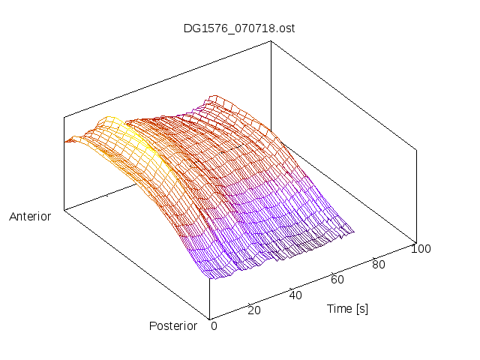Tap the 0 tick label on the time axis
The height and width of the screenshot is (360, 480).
point(214,325)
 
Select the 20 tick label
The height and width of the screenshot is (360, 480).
point(253,310)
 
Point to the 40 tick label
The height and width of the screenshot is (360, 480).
point(295,295)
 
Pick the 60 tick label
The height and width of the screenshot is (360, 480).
point(337,280)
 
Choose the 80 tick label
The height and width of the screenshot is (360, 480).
point(379,264)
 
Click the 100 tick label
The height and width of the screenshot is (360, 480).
point(421,249)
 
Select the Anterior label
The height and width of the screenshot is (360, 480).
point(30,217)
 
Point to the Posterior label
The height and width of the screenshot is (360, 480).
point(173,325)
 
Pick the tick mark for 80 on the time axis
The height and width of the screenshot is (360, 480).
point(374,256)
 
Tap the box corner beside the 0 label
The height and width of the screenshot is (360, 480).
point(209,318)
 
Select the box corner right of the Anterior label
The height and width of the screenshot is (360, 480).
point(64,210)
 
